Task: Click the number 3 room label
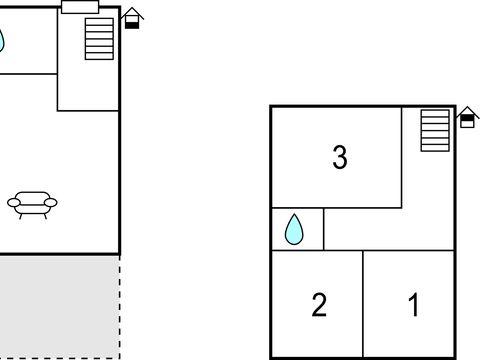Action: [340, 157]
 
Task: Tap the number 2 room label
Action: [319, 304]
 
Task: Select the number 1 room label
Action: [413, 304]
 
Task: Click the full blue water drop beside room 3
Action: [294, 230]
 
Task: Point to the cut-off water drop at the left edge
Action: [2, 41]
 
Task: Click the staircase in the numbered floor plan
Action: [434, 131]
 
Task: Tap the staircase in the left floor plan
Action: [100, 38]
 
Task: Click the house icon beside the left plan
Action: [132, 19]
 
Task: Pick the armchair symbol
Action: [32, 204]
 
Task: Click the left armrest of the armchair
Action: [13, 203]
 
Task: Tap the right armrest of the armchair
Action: [51, 203]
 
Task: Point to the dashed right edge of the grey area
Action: [119, 305]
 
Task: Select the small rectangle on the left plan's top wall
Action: [79, 7]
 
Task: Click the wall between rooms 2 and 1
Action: [362, 304]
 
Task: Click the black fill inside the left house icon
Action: [132, 24]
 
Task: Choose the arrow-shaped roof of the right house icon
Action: [466, 113]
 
